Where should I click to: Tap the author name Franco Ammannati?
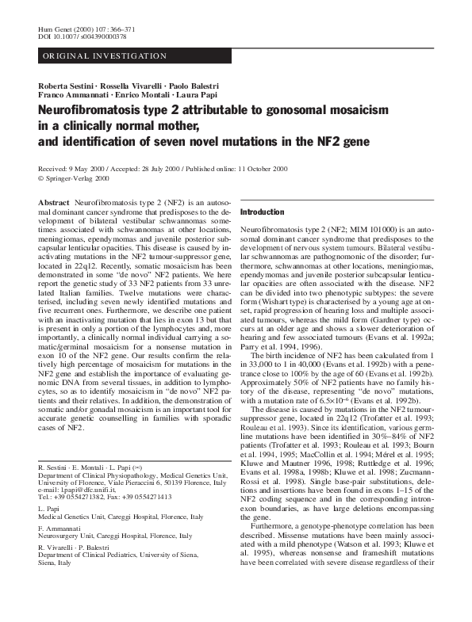pyautogui.click(x=69, y=95)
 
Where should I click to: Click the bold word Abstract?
pyautogui.click(x=54, y=204)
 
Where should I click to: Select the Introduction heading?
pyautogui.click(x=262, y=212)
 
